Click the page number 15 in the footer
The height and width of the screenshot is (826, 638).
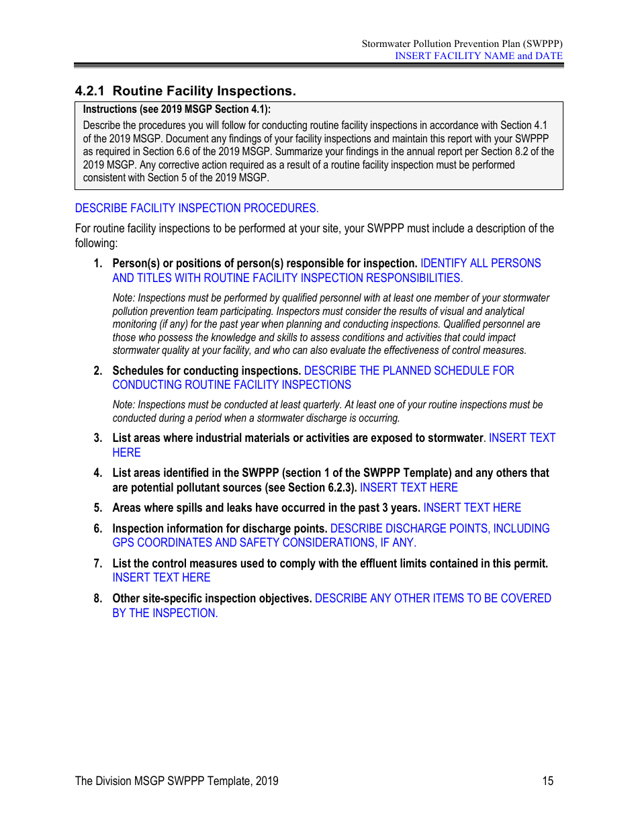(548, 780)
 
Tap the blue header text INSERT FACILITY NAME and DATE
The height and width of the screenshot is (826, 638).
(478, 56)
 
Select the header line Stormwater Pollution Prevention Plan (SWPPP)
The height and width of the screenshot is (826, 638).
(462, 44)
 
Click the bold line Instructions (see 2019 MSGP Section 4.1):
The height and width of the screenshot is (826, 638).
(177, 109)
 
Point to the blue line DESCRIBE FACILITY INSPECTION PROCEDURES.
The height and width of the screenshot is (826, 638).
(197, 208)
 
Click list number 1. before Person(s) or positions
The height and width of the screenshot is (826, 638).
(98, 263)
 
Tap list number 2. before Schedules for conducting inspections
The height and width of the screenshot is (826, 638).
(98, 371)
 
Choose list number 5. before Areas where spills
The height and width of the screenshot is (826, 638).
(98, 508)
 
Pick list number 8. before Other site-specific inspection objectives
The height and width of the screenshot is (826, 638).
(98, 598)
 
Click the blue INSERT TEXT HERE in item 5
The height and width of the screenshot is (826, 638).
(472, 508)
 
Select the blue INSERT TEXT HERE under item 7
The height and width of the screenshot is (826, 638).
(161, 578)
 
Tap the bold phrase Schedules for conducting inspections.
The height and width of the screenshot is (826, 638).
(207, 371)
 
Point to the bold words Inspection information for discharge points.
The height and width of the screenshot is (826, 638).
(220, 529)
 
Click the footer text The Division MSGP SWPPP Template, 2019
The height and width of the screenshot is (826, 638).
(177, 780)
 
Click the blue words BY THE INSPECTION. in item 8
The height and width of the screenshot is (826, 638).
(165, 613)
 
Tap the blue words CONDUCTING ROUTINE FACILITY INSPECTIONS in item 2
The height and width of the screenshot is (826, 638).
(232, 385)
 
